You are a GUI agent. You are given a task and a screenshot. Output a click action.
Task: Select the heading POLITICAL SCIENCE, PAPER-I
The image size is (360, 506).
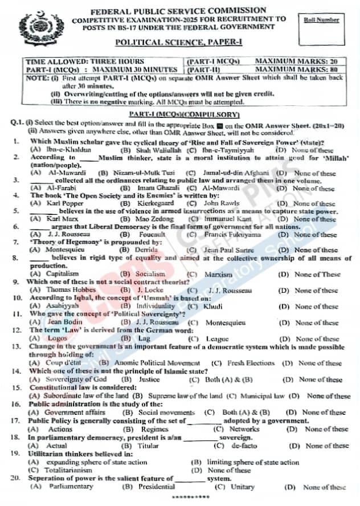(x=179, y=43)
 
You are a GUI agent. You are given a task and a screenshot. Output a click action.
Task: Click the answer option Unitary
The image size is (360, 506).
(x=243, y=487)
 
